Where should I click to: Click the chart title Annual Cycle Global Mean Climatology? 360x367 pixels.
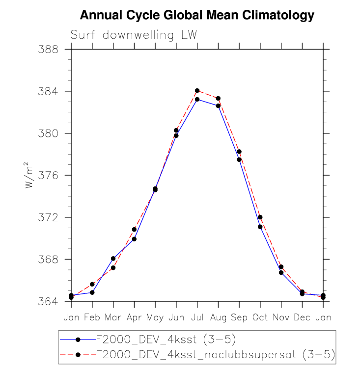[196, 15]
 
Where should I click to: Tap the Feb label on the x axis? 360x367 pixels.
[92, 317]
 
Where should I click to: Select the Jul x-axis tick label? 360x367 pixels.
[197, 317]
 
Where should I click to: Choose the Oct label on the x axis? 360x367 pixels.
[260, 317]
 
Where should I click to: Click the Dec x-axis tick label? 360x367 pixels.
[302, 317]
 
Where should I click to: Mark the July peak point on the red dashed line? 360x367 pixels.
[197, 91]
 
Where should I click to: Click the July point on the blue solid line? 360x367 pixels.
[197, 99]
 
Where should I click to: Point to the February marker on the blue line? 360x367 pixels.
[92, 292]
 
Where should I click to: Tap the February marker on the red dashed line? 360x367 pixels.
[92, 284]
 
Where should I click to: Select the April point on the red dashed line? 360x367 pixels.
[134, 229]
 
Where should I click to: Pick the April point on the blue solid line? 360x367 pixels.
[134, 239]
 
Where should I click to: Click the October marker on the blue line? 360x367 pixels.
[260, 227]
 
